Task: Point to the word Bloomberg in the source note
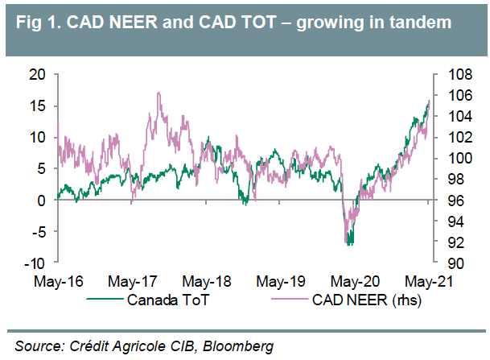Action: click(239, 345)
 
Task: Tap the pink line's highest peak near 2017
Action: click(158, 93)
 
